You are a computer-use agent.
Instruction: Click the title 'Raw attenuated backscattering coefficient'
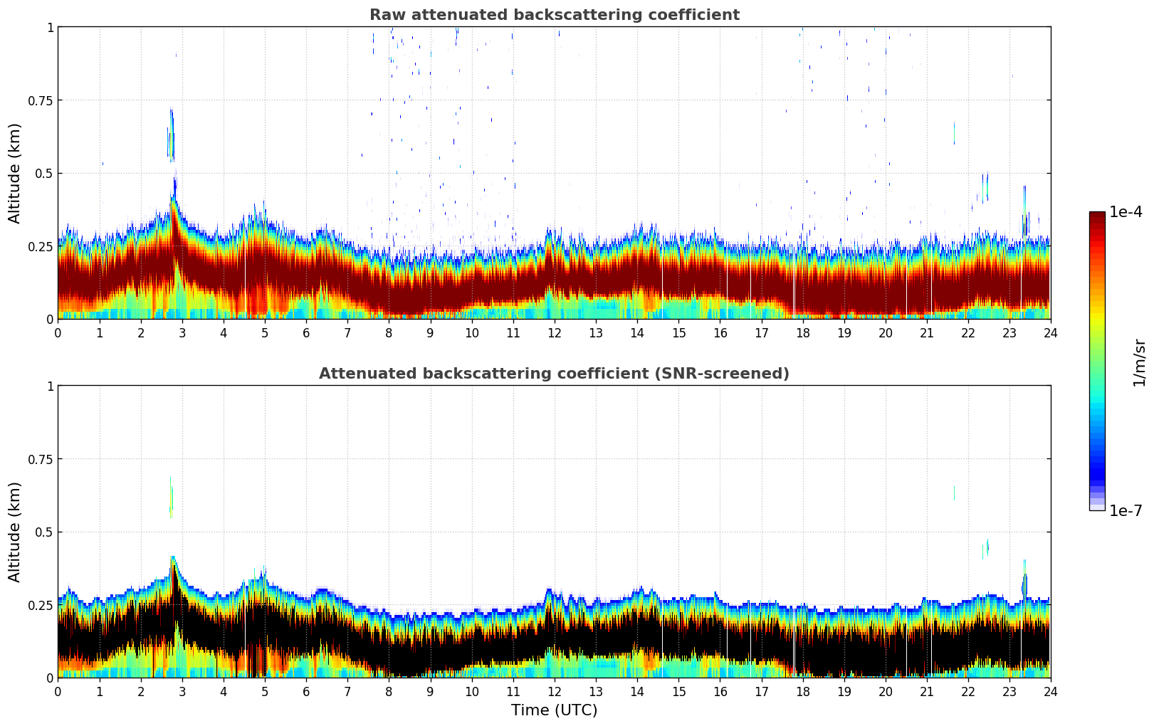[x=554, y=15]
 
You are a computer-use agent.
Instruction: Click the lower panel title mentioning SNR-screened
[x=554, y=374]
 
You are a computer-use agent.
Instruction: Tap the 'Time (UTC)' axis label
[x=554, y=710]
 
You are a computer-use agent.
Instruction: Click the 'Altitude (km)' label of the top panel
[x=15, y=173]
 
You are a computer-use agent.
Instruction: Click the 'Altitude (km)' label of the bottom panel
[x=15, y=532]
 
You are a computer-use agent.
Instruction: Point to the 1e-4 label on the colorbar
[x=1126, y=212]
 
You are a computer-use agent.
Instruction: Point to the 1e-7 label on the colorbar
[x=1126, y=510]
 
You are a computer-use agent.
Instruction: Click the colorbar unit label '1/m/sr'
[x=1139, y=362]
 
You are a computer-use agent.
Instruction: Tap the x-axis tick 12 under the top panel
[x=554, y=332]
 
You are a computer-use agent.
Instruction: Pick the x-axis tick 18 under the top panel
[x=802, y=332]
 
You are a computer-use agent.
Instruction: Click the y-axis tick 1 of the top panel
[x=50, y=27]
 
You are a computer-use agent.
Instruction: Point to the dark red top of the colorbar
[x=1096, y=216]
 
